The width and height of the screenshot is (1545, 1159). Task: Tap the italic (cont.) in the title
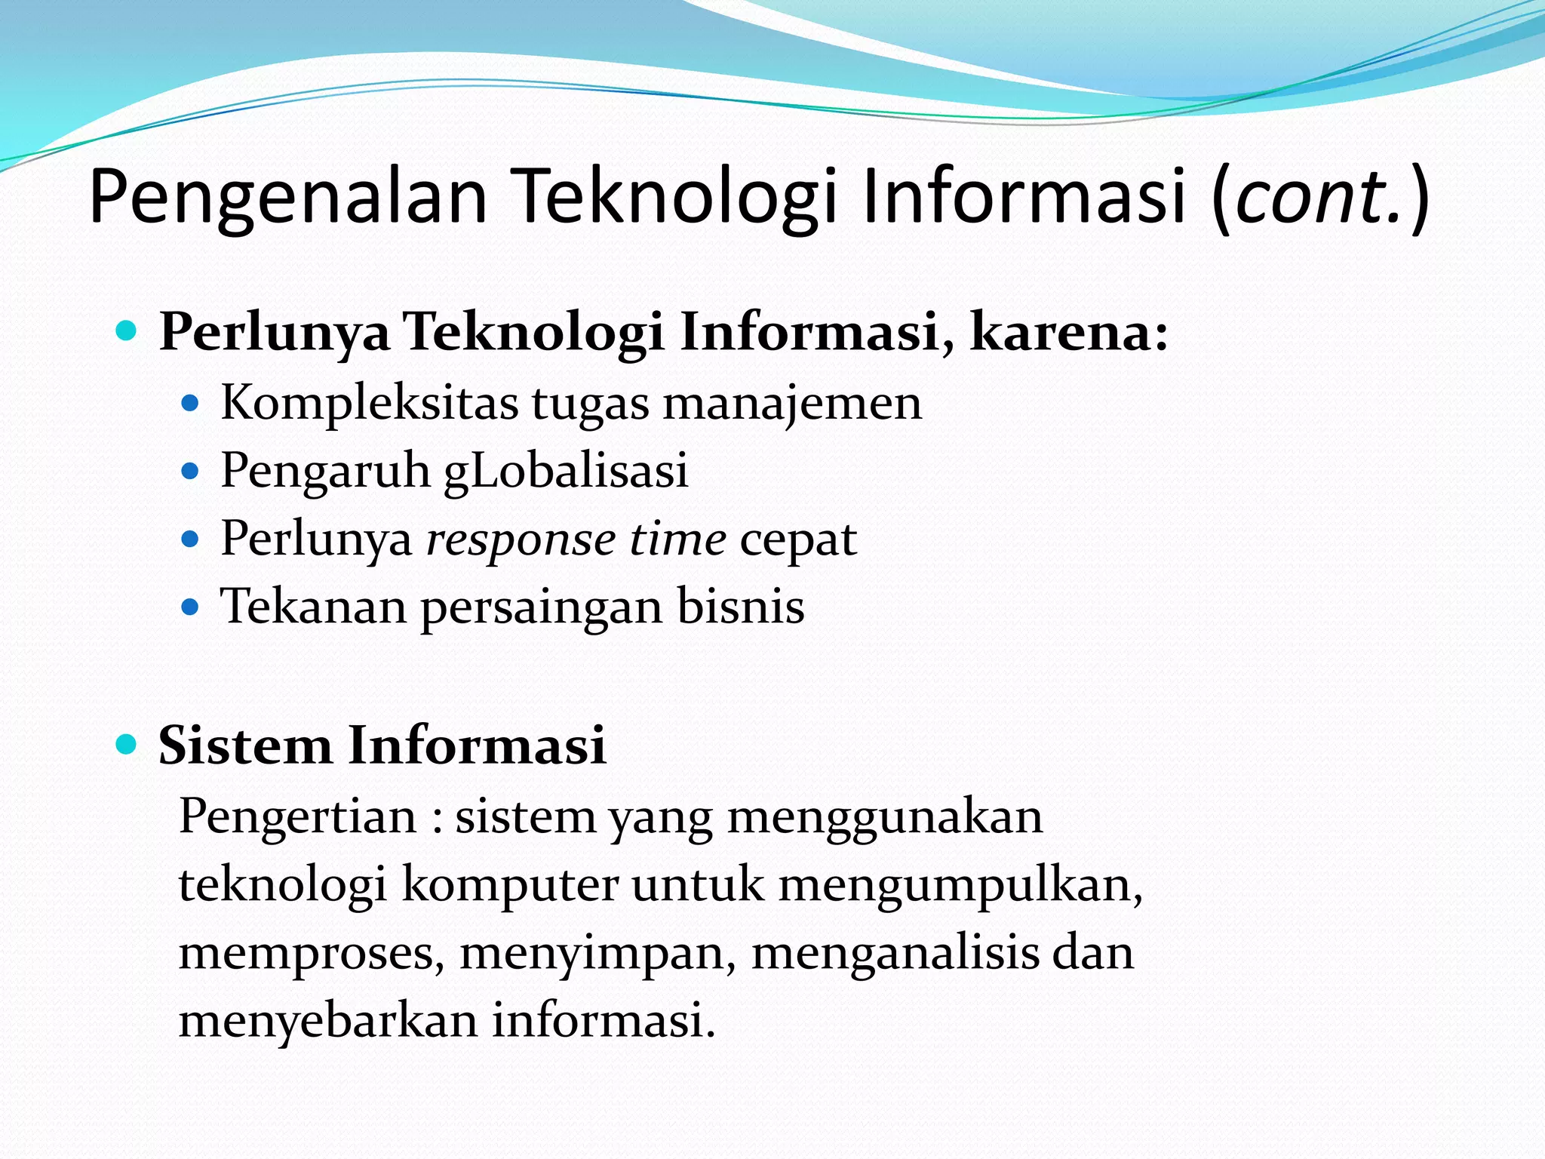(x=1320, y=198)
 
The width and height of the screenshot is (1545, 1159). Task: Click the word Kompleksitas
(x=369, y=403)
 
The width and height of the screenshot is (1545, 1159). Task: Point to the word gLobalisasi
(x=566, y=472)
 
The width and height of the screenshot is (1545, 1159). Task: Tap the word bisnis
(x=740, y=607)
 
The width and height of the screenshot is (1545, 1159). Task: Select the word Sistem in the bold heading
(x=244, y=746)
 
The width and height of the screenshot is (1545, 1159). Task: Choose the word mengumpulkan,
(x=960, y=886)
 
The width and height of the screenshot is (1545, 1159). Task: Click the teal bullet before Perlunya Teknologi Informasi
(x=127, y=330)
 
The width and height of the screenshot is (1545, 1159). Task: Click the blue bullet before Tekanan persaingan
(x=190, y=607)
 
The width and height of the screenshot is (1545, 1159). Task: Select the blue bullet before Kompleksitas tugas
(x=190, y=404)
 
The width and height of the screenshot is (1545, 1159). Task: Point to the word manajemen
(x=792, y=403)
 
